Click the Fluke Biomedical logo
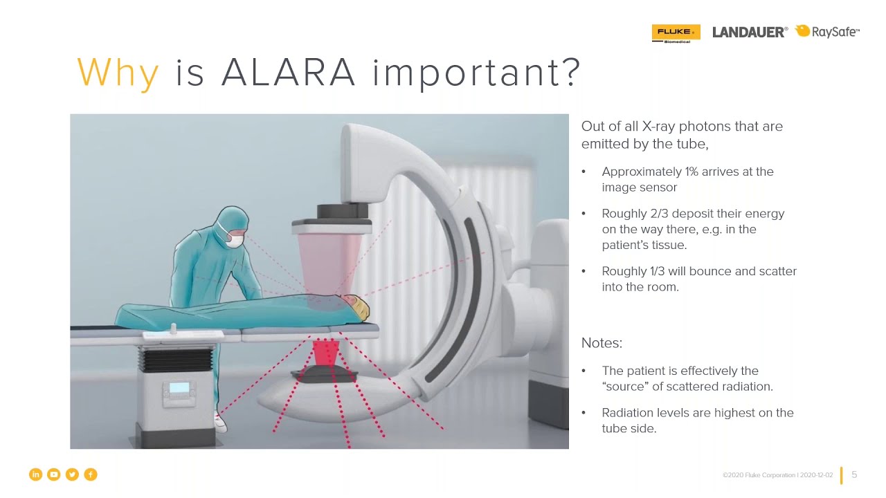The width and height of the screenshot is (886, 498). coord(676,33)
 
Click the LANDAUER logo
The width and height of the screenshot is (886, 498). coord(750,32)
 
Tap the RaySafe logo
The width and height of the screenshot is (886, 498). coord(828,31)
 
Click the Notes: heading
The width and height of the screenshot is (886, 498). coord(602,343)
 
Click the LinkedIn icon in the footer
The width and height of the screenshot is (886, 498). coord(35,474)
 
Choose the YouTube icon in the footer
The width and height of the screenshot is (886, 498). coord(54,474)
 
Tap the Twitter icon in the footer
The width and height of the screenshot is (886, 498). coord(72,474)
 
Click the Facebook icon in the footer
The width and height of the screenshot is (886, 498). coord(91,474)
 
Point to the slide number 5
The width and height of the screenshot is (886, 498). coord(854,474)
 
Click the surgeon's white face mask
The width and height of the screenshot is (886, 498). coord(235,241)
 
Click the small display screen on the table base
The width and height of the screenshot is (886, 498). coord(179,388)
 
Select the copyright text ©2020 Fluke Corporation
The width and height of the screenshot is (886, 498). coord(759,475)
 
